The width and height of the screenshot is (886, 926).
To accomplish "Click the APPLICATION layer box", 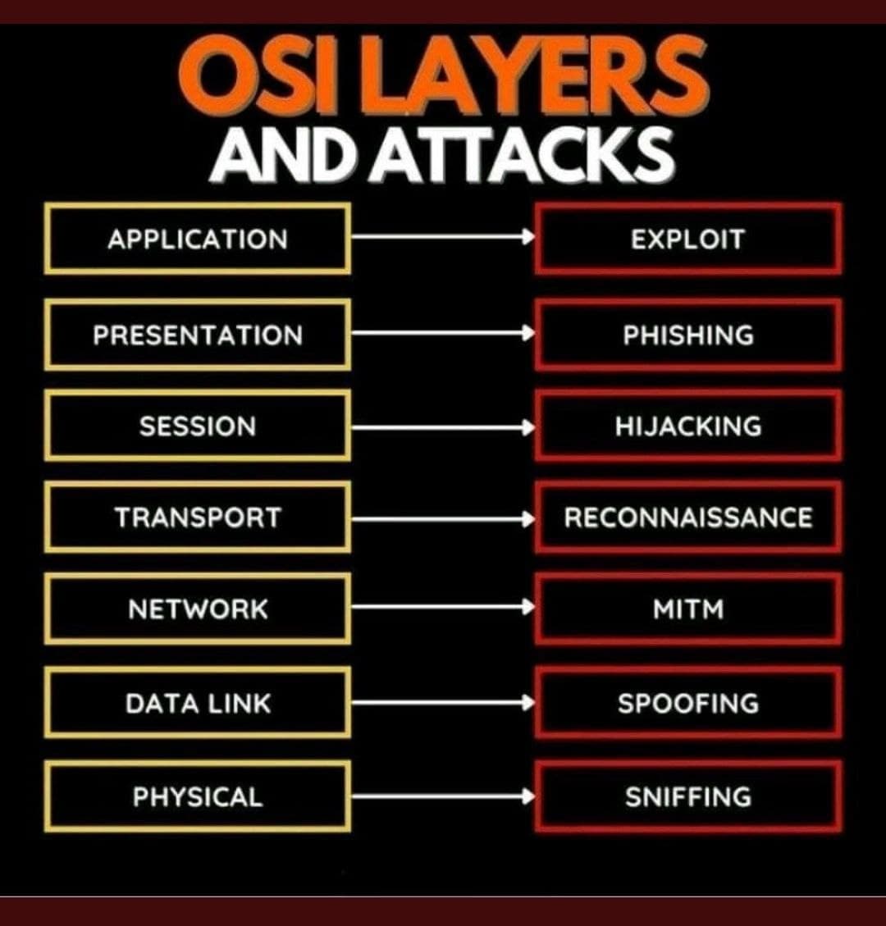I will [x=198, y=239].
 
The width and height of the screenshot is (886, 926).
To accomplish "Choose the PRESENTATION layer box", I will [x=198, y=335].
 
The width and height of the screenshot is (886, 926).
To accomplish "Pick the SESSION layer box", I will [x=198, y=426].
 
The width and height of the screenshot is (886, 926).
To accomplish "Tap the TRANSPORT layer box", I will [x=198, y=518].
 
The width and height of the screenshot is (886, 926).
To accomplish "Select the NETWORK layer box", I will [x=198, y=609].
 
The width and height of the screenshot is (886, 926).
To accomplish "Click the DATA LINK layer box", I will [x=198, y=703].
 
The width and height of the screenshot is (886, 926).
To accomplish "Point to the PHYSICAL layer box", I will [x=198, y=796].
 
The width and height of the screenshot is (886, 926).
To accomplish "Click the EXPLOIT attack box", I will [x=687, y=239].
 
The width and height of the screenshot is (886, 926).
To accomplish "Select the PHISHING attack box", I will [x=687, y=335].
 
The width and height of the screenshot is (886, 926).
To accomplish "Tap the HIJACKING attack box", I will [x=687, y=426].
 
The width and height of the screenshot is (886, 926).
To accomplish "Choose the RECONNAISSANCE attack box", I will [x=687, y=518].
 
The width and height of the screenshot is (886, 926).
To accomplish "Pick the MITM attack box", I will [x=687, y=609].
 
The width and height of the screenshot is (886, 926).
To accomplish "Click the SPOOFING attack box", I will [x=687, y=703].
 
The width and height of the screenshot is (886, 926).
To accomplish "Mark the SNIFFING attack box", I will [x=687, y=796].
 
